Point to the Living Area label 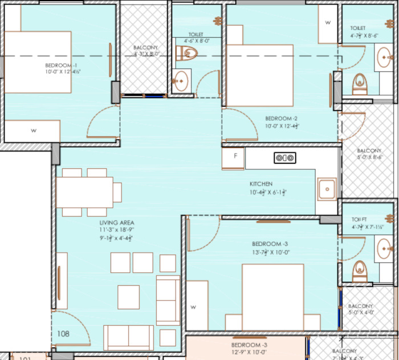pos(116,223)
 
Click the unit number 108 pos(63,334)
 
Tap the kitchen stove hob pos(284,158)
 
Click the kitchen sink pos(327,189)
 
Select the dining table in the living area pos(85,192)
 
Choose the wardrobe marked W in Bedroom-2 pos(328,23)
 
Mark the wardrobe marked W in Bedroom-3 pos(193,307)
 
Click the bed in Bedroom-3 pos(272,297)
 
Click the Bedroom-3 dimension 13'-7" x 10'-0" pos(271,252)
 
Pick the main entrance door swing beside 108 pos(71,328)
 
